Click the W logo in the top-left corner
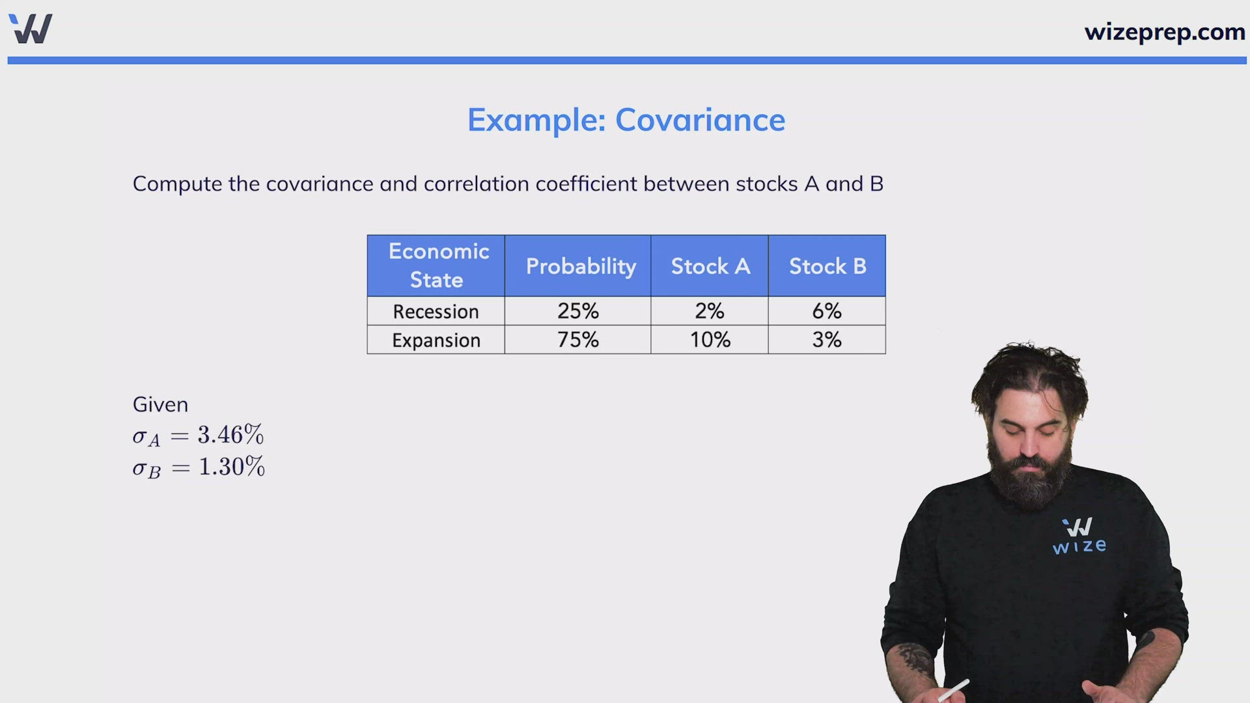(31, 29)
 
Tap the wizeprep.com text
(1165, 32)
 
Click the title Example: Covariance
(626, 120)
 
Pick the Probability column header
(581, 266)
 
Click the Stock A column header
(710, 266)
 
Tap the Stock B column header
(827, 266)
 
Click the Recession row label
(436, 312)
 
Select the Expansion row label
(436, 340)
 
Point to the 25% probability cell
(578, 311)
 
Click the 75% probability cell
(578, 340)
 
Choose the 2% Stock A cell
(710, 311)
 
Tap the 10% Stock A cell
(710, 340)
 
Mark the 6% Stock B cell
(827, 311)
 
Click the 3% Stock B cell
(827, 340)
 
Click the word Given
(160, 405)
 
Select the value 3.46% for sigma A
(230, 435)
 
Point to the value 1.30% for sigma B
(232, 467)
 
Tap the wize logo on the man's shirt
(1079, 536)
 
